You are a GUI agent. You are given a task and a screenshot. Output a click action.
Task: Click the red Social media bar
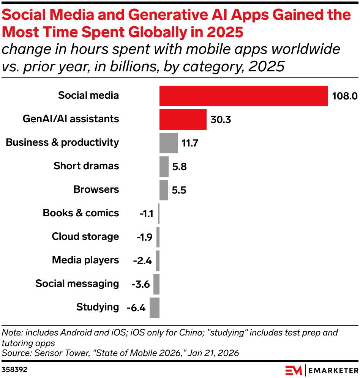click(243, 96)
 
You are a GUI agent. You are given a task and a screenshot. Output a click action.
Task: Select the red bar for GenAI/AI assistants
click(183, 120)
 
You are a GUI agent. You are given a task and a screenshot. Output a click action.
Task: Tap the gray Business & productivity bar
click(168, 143)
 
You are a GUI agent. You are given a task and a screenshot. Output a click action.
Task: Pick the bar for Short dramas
click(164, 167)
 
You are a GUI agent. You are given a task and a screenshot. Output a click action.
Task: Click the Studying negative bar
click(155, 307)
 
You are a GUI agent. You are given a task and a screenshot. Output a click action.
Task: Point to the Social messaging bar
click(156, 284)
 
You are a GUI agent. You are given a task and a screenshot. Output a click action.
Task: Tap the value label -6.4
click(136, 307)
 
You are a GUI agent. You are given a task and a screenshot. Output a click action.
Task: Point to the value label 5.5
click(178, 190)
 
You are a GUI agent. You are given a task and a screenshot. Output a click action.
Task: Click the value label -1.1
click(146, 214)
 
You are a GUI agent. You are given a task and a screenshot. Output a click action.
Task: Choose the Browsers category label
click(96, 189)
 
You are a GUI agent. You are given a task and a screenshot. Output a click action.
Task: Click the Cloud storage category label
click(85, 236)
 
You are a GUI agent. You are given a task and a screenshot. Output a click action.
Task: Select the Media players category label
click(85, 260)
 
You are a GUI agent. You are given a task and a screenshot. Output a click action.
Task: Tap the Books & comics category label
click(81, 213)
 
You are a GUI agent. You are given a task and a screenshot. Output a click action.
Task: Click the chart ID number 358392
click(14, 369)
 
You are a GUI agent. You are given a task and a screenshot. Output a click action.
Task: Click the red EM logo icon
click(294, 370)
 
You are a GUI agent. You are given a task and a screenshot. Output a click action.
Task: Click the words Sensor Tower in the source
click(55, 353)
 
